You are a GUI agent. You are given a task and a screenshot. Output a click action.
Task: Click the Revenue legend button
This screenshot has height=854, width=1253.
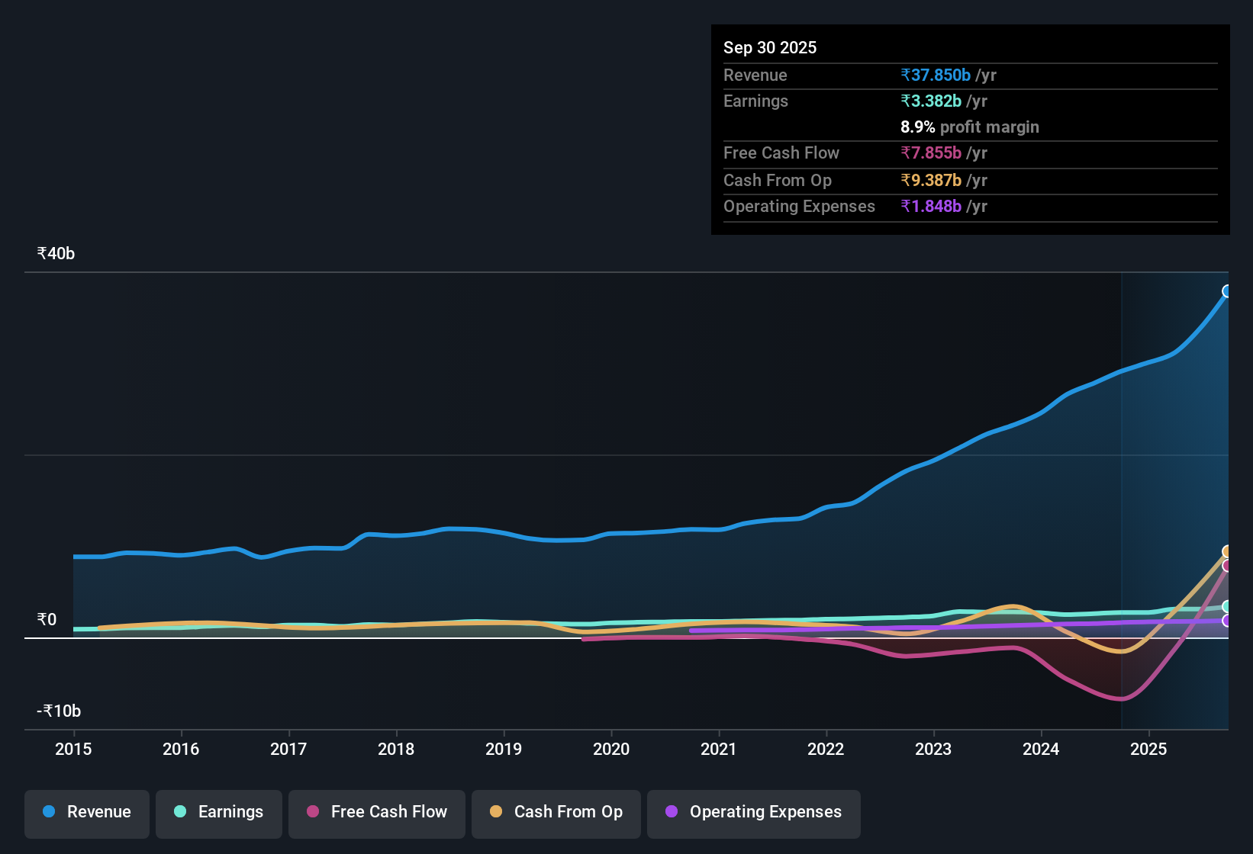pos(87,812)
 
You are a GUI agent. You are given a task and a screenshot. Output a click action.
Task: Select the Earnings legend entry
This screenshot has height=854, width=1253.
pos(219,812)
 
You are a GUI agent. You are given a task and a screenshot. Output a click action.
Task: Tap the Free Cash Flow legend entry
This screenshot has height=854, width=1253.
pos(377,812)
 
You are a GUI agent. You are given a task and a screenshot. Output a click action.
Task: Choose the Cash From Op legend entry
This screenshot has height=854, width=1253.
pos(556,812)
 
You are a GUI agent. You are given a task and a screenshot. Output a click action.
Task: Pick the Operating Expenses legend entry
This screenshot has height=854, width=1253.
pos(754,812)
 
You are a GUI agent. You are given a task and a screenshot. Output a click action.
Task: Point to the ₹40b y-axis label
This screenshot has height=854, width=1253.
pos(56,254)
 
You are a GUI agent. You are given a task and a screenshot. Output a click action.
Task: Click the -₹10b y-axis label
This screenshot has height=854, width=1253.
pos(59,711)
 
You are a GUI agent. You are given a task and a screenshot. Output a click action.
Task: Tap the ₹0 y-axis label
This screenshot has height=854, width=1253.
pos(47,620)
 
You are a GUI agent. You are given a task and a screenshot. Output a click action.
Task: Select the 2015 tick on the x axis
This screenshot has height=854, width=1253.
pos(73,750)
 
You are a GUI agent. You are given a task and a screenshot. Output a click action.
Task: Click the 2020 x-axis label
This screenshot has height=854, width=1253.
pos(611,750)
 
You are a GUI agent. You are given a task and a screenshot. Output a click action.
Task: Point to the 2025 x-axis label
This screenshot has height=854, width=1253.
pos(1148,750)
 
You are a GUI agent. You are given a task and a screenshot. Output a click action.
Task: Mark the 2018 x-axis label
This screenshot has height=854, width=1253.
pos(396,750)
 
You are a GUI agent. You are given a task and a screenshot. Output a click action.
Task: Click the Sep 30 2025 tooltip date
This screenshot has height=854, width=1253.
pos(769,48)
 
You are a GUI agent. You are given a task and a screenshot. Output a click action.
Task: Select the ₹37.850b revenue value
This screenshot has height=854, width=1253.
pos(936,75)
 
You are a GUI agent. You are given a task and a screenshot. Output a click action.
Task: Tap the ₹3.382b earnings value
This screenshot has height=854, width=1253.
pos(931,101)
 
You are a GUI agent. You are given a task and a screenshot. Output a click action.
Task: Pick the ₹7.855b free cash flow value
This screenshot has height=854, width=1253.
pos(931,153)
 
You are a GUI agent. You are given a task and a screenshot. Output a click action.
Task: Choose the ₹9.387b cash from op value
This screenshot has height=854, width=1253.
pos(931,181)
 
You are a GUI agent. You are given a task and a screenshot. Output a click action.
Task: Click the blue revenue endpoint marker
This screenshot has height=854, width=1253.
pos(1227,291)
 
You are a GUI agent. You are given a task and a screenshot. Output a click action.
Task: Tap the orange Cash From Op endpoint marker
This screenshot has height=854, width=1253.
pos(1227,551)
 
